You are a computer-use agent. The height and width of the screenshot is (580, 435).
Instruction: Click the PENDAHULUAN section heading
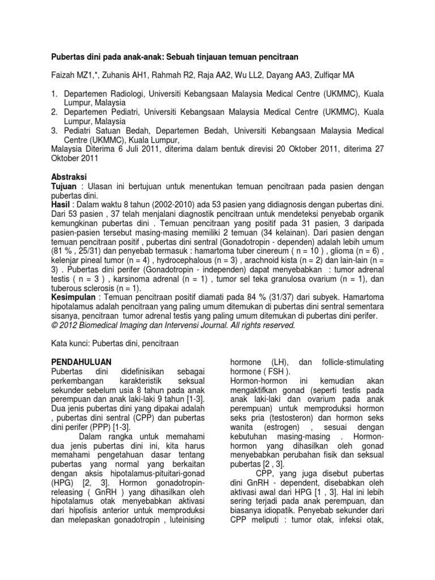pyautogui.click(x=78, y=361)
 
